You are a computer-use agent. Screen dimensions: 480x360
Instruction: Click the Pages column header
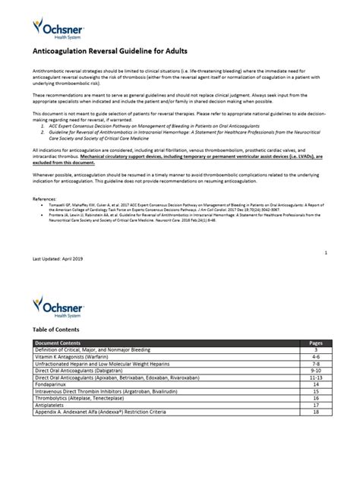[317, 343]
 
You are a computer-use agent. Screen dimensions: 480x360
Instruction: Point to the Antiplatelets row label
[50, 404]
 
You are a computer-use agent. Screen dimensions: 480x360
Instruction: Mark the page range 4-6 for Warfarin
[317, 355]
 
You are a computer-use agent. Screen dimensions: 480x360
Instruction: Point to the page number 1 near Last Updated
[325, 251]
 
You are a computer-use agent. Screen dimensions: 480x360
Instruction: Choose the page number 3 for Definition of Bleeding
[317, 349]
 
